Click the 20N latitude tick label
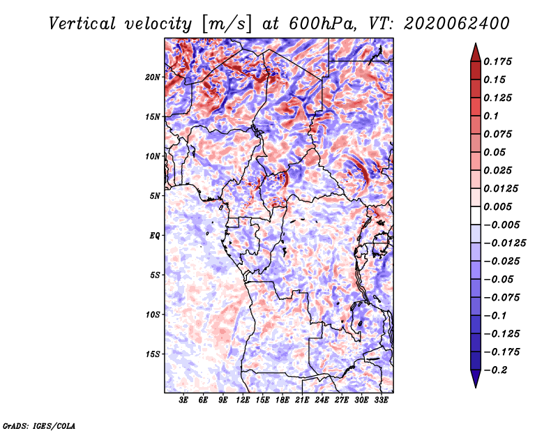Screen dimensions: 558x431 tap(153, 77)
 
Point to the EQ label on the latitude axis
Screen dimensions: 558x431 tap(155, 236)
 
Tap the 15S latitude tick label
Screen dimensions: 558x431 tap(153, 354)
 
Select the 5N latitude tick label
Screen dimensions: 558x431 tap(155, 196)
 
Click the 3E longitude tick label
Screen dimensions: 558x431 tap(183, 400)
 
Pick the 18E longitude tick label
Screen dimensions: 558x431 tap(282, 400)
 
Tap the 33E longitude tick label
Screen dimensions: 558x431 tap(381, 400)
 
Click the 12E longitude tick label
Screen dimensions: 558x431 tap(243, 400)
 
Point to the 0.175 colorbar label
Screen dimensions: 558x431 tap(497, 61)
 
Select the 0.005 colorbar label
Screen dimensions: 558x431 tap(497, 206)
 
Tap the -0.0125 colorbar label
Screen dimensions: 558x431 tap(505, 243)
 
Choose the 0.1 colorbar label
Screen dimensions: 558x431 tap(491, 116)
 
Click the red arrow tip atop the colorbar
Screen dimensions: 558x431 tap(476, 44)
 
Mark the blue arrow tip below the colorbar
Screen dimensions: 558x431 tap(476, 386)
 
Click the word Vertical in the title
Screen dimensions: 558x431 tap(82, 24)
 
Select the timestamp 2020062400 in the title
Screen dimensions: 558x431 tap(457, 24)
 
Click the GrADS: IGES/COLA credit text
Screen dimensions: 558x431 tap(39, 426)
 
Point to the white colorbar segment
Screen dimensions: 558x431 tap(476, 215)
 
